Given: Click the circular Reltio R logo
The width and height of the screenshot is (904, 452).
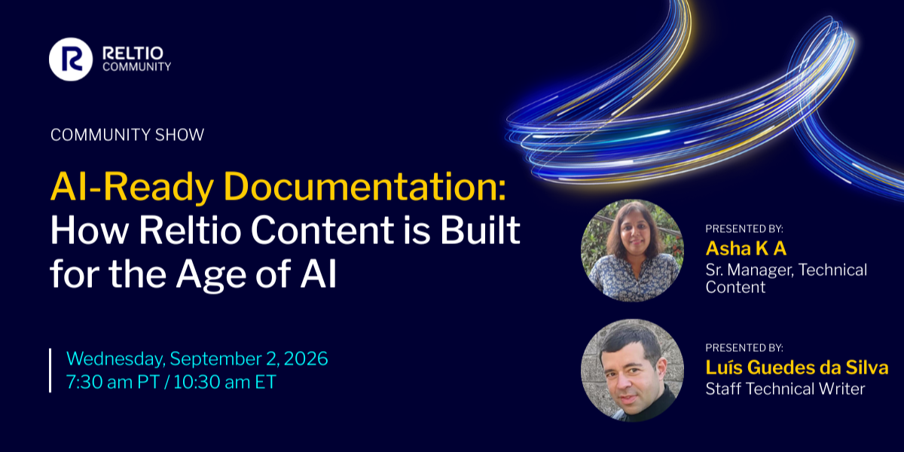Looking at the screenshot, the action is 71,60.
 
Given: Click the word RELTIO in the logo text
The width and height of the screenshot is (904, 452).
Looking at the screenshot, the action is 133,53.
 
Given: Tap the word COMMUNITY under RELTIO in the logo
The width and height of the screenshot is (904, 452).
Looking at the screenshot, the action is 137,67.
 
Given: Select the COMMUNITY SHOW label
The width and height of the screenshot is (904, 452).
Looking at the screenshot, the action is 127,135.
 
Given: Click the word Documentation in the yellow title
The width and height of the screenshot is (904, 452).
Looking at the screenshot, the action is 365,187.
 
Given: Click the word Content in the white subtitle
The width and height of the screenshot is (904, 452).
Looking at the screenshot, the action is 322,231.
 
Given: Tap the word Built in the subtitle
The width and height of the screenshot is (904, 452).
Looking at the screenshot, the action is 480,230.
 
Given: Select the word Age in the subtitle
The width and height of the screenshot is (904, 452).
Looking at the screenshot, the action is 211,276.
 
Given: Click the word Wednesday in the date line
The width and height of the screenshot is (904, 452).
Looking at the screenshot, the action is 116,359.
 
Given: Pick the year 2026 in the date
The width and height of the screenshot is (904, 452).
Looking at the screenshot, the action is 306,359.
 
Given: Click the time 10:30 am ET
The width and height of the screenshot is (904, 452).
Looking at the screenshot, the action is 224,382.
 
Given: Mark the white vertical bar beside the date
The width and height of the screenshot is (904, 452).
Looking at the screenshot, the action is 50,371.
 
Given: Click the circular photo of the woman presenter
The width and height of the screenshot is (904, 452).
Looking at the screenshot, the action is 632,250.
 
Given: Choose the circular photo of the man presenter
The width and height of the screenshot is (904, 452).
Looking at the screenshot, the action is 632,371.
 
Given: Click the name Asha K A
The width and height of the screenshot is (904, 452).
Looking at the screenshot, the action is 746,248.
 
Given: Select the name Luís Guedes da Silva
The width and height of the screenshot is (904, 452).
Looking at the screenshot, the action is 797,368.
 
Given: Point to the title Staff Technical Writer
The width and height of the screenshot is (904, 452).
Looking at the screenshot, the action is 785,389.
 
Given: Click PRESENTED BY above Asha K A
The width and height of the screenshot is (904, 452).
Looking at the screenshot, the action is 744,229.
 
